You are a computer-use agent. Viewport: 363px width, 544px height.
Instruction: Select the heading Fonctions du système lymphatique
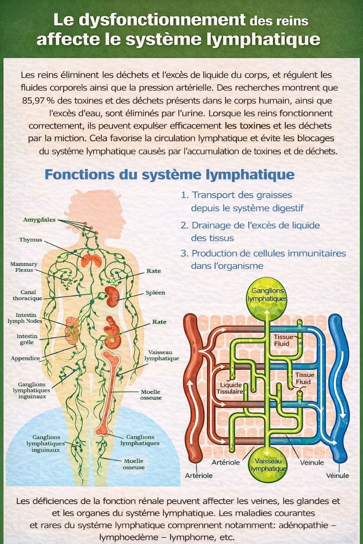169,175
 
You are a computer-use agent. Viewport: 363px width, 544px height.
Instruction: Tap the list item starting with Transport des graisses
242,201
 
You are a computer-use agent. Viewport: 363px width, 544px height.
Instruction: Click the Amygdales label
39,220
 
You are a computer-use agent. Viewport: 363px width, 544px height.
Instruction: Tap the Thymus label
31,240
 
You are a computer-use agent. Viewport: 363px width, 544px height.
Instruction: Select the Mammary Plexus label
24,267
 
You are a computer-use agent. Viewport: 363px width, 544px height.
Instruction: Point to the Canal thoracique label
27,295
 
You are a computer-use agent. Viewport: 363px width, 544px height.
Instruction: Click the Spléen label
155,293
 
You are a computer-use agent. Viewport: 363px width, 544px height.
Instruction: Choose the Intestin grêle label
27,339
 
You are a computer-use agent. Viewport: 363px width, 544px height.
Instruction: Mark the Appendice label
26,358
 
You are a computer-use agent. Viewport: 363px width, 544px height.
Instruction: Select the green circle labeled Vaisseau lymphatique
268,465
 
